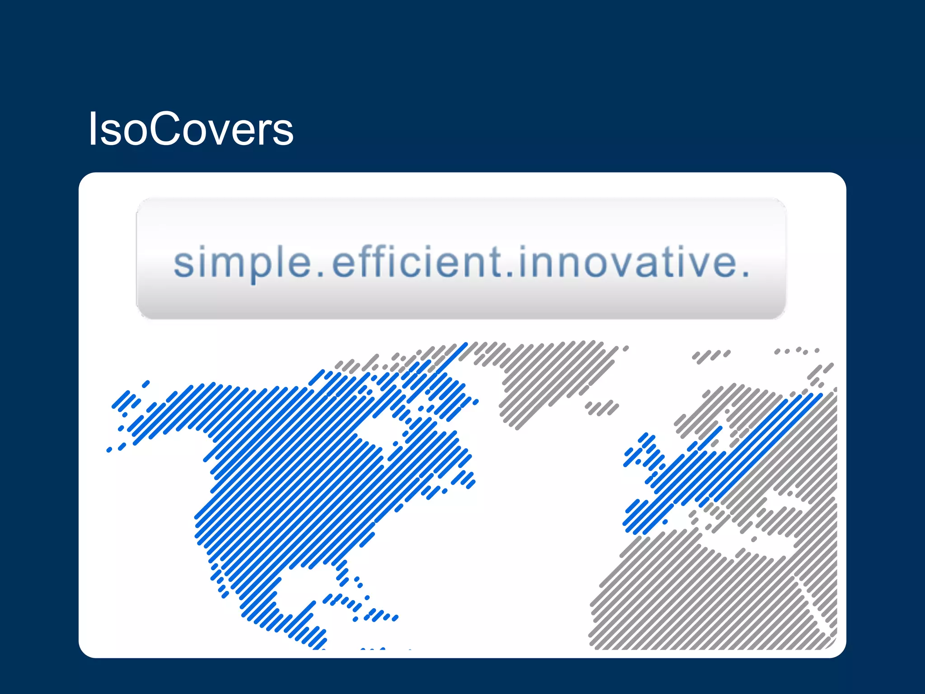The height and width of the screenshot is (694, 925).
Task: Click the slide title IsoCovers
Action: (191, 129)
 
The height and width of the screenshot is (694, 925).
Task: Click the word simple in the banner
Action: (242, 263)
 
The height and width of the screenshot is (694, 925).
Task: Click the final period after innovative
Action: (745, 274)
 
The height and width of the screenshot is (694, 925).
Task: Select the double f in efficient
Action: (372, 261)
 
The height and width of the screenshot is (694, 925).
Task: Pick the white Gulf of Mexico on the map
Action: (307, 583)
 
